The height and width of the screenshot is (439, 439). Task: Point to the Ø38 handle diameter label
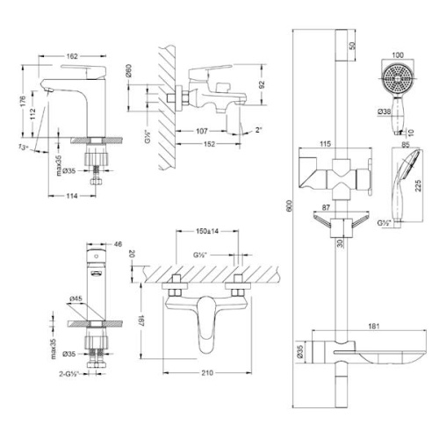(x=384, y=112)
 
